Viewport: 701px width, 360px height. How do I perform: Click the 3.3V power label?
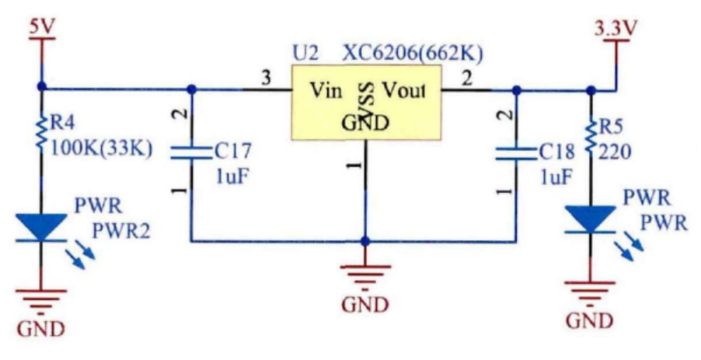(x=615, y=29)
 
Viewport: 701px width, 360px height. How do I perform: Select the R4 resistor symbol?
(x=41, y=132)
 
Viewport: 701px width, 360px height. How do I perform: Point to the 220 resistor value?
(x=616, y=152)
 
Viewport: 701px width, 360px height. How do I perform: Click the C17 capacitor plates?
(x=192, y=155)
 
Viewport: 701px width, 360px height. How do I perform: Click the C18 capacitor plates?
(x=515, y=155)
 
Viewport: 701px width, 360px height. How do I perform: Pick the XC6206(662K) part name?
(x=413, y=54)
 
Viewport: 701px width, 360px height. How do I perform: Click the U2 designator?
(x=305, y=54)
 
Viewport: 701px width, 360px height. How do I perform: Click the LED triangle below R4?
(x=41, y=226)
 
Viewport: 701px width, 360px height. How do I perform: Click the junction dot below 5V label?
(x=41, y=88)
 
